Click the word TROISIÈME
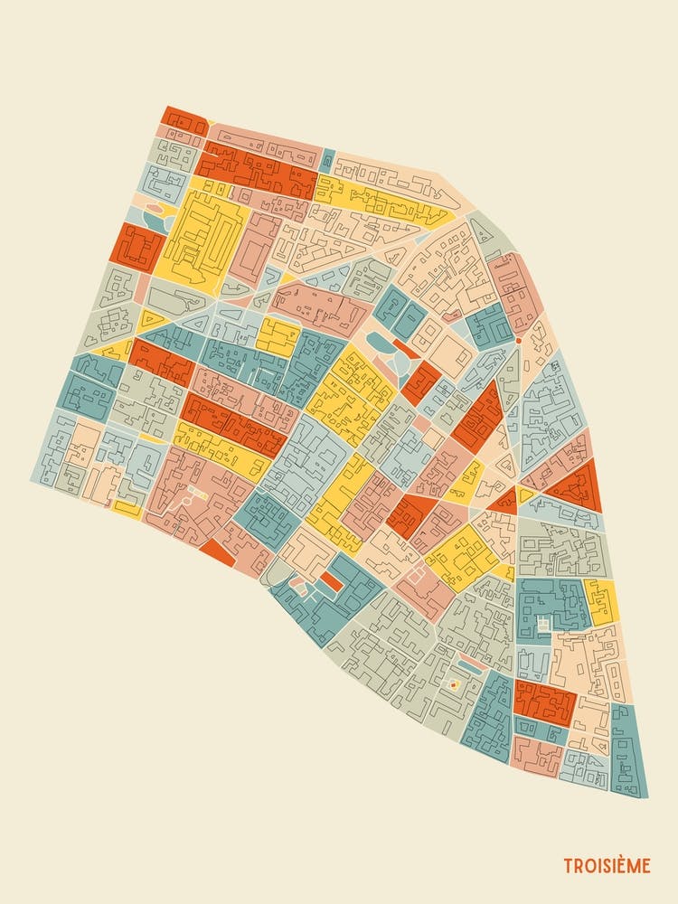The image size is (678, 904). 607,866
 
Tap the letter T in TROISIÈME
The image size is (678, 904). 568,866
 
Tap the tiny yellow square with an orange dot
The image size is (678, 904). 455,685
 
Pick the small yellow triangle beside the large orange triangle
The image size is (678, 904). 526,494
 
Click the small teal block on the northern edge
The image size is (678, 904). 326,159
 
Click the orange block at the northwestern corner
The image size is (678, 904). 185,120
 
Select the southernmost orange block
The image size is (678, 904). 544,702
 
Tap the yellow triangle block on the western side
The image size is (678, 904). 151,320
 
